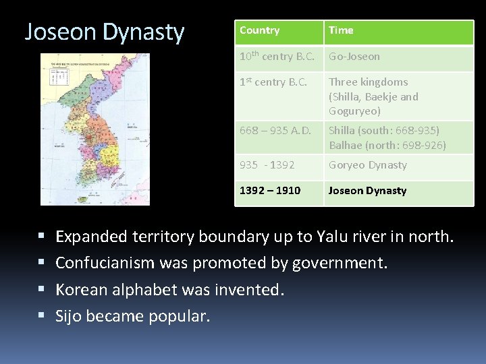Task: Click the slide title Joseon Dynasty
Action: (104, 32)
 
